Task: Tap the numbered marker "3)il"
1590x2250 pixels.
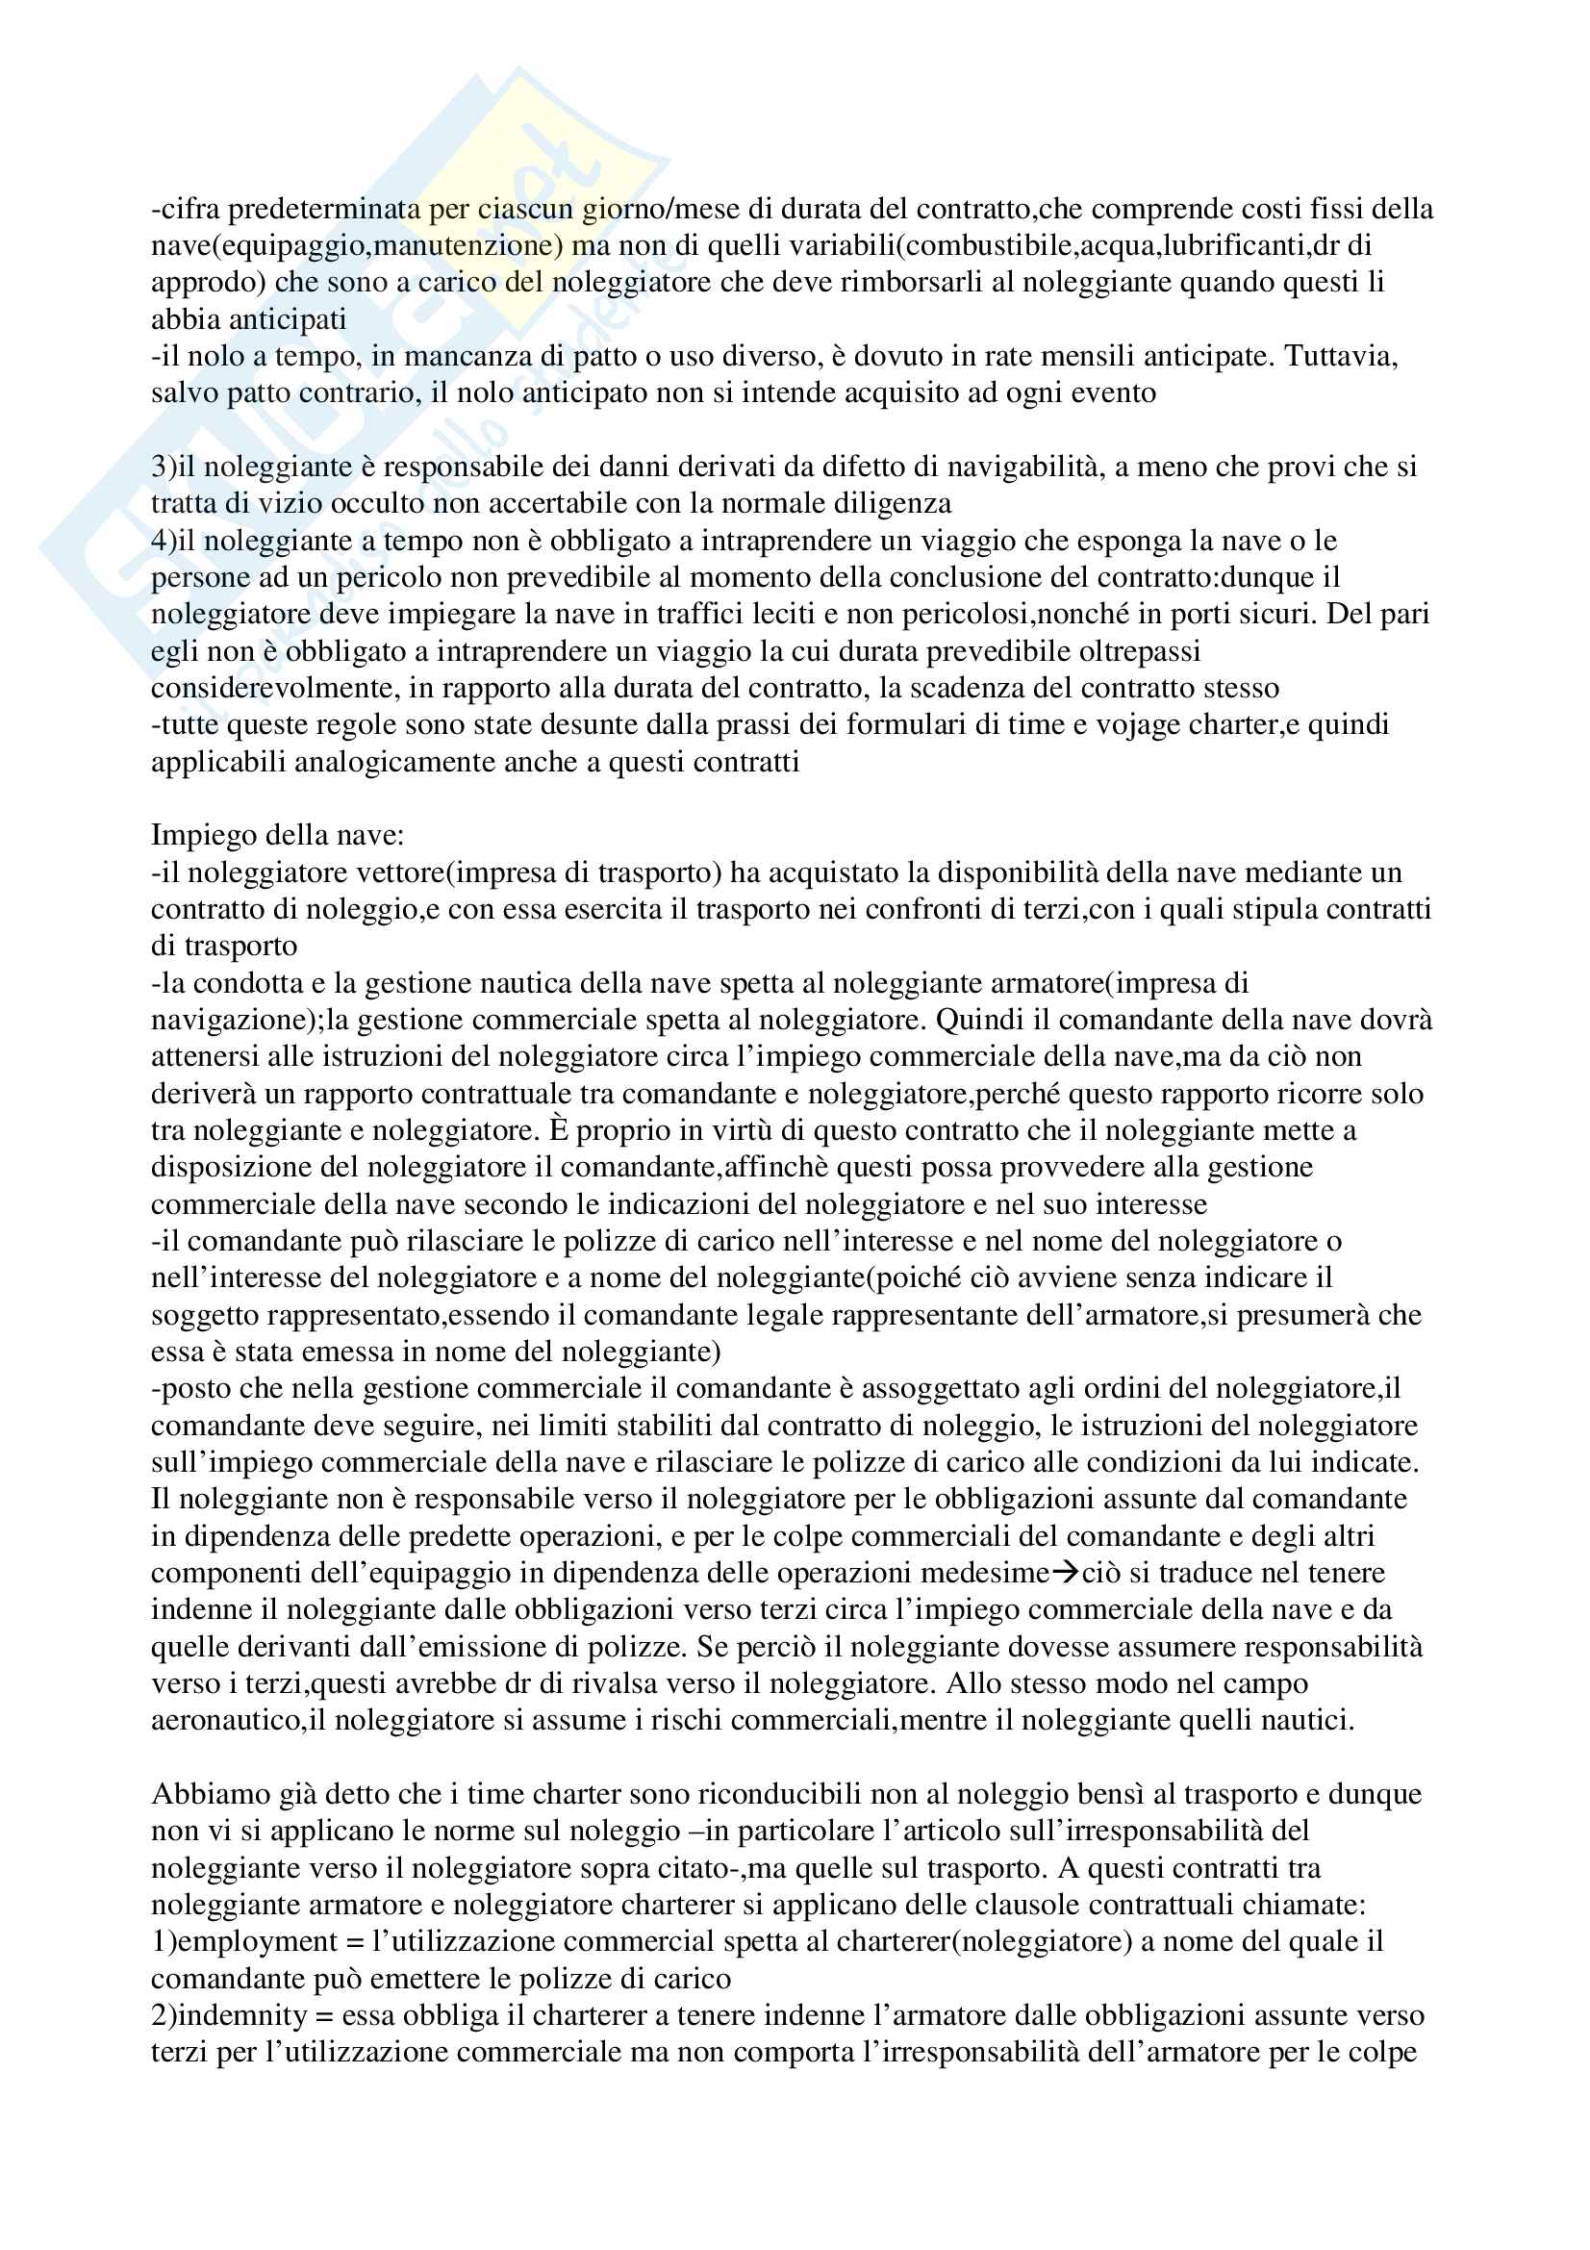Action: pos(173,467)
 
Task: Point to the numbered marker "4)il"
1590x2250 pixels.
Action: pos(173,540)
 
